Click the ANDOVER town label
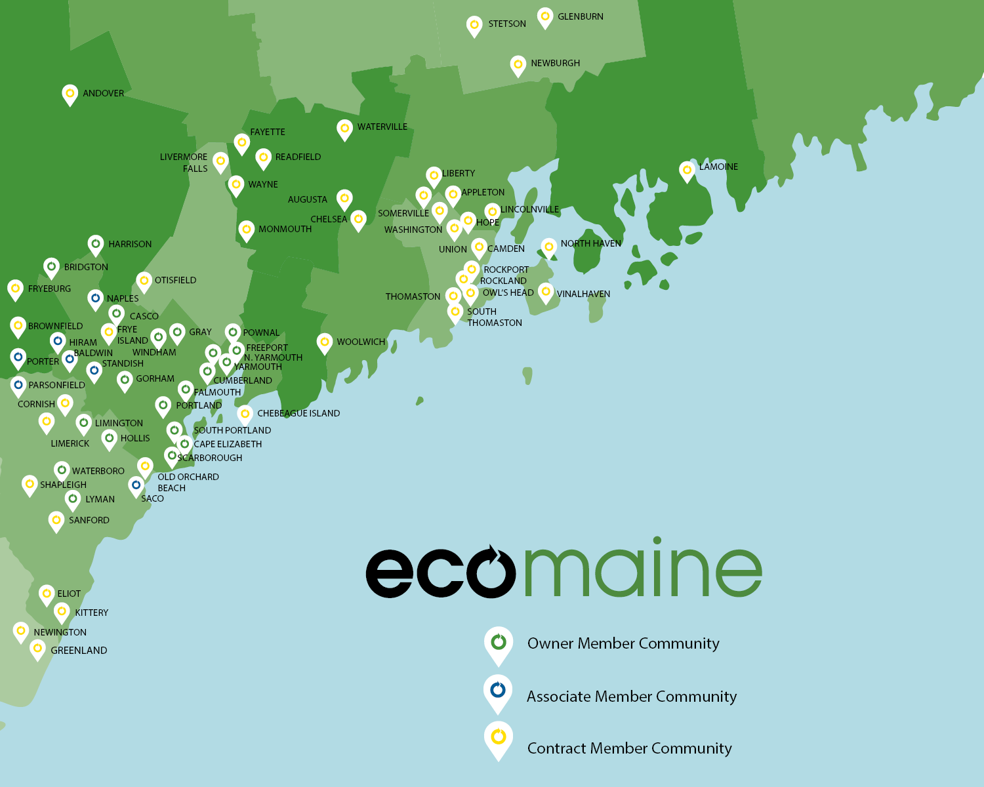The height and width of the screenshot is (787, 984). [103, 93]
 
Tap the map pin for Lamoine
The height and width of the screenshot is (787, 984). [687, 171]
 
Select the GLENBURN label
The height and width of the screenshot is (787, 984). [580, 16]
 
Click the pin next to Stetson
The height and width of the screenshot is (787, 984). [474, 26]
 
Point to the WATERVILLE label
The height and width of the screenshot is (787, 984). [382, 127]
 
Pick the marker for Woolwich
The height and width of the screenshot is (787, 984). [325, 342]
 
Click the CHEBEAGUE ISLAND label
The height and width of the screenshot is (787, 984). [298, 413]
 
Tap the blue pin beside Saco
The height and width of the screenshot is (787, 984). [136, 486]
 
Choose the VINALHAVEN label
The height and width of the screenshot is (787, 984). [583, 294]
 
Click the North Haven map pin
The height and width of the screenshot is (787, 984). [549, 247]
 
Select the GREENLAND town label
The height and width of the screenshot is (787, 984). [79, 651]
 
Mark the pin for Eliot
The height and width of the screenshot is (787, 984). [47, 594]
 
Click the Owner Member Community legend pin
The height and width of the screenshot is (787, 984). [499, 643]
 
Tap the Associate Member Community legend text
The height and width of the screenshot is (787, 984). [631, 696]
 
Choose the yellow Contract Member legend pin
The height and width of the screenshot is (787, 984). [499, 738]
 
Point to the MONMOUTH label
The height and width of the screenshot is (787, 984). [285, 229]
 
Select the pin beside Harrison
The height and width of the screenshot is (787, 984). [96, 245]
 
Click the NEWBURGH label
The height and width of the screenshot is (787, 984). [555, 63]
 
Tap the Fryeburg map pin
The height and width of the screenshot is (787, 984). [16, 289]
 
